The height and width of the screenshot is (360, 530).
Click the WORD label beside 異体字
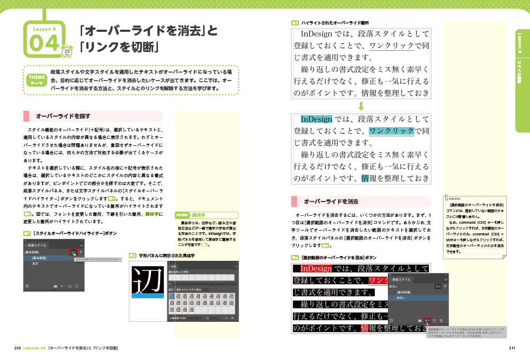click(182, 215)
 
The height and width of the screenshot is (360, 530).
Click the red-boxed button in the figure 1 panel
click(73, 252)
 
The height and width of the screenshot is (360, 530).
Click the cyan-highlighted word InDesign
click(316, 119)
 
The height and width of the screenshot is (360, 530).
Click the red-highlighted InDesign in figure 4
click(316, 269)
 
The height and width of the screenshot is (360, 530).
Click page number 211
click(511, 348)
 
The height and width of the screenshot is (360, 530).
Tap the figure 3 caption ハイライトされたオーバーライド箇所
click(334, 23)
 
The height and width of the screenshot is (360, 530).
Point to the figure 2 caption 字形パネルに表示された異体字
click(166, 255)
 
